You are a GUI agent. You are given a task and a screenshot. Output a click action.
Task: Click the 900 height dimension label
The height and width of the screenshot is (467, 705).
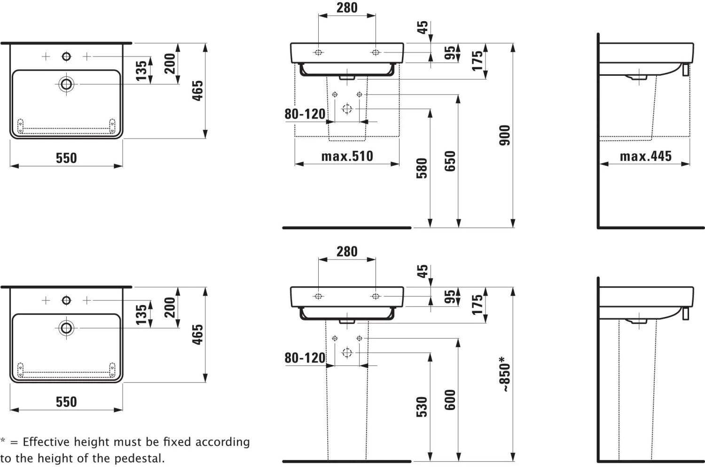(504, 135)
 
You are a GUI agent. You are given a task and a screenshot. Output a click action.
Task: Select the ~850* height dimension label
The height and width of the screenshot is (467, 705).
(504, 374)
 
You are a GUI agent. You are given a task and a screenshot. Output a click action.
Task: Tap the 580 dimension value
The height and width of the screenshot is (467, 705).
(422, 168)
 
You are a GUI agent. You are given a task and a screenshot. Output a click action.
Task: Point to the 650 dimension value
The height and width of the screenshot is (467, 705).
(450, 161)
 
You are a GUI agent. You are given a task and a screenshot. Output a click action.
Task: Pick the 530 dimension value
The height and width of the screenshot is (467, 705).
(422, 407)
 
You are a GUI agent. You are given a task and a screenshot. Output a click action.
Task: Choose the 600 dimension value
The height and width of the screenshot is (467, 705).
(450, 400)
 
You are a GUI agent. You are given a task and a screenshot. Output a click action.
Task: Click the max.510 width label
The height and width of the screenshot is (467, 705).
(347, 156)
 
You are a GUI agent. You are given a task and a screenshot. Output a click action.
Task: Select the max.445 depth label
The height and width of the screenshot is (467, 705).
(645, 156)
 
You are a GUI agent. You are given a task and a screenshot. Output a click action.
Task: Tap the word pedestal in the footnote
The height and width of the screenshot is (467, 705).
(141, 458)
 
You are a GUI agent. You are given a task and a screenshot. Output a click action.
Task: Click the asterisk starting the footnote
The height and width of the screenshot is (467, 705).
(3, 441)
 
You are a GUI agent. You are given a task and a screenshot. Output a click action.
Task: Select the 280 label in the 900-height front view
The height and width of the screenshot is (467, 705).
(347, 8)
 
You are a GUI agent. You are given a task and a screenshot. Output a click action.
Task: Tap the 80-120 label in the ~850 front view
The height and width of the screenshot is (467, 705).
(305, 358)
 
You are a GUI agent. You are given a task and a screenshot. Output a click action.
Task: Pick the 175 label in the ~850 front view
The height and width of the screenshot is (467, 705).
(477, 305)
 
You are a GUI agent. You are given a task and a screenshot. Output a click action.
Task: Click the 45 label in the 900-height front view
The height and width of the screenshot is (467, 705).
(423, 27)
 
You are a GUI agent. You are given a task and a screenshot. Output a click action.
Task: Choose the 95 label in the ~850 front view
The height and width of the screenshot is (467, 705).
(450, 297)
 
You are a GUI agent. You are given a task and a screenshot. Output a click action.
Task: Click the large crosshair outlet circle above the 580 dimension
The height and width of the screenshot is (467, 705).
(347, 109)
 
